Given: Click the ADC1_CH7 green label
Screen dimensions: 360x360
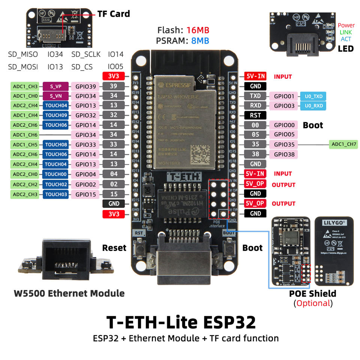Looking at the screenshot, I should [x=344, y=144].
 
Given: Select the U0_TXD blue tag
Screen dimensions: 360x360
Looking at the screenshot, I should [x=313, y=96].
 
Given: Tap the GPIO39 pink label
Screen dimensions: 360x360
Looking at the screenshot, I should [x=85, y=86].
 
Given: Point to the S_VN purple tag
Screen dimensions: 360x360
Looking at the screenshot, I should [x=55, y=96].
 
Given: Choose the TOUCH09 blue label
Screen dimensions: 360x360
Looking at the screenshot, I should [x=55, y=115].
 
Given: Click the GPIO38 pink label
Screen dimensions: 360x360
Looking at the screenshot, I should [x=284, y=154].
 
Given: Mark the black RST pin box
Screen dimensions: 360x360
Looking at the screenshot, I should [x=255, y=115].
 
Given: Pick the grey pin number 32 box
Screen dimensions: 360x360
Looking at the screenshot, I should [x=114, y=115].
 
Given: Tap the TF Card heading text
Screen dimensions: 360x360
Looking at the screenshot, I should [x=113, y=14].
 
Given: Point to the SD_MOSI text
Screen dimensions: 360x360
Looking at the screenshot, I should [x=23, y=67].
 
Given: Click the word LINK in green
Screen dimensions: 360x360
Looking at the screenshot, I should [x=345, y=33].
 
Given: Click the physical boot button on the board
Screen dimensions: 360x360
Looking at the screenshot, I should [x=228, y=248].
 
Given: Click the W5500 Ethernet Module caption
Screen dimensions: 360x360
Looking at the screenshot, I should [x=69, y=293].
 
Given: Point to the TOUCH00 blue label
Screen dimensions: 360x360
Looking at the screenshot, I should [x=55, y=174].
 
